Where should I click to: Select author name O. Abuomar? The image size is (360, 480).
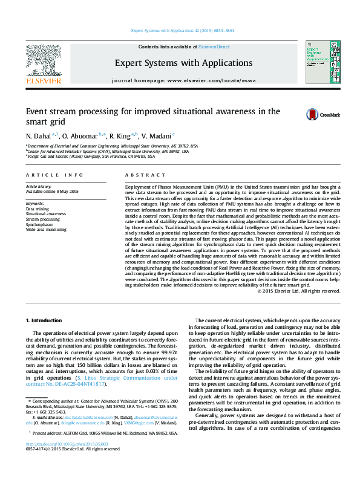tap(82, 135)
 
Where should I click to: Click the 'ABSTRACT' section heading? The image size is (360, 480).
tap(140, 175)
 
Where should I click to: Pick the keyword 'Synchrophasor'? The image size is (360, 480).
tap(39, 224)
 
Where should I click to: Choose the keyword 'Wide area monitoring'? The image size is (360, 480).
tap(46, 230)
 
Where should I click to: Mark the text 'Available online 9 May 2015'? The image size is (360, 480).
tap(52, 191)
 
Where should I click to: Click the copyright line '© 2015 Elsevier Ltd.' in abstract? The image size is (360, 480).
tap(297, 291)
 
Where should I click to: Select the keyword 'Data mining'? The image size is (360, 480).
tap(38, 209)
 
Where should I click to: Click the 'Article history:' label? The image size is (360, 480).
tap(39, 186)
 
